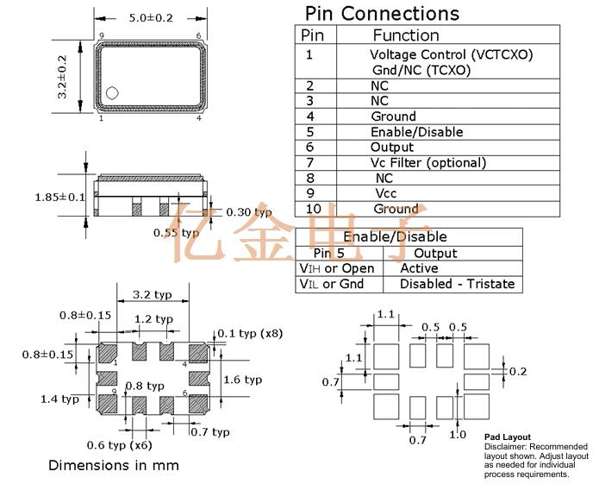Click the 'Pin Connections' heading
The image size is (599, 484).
(x=382, y=14)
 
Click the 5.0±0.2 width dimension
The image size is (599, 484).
(x=151, y=17)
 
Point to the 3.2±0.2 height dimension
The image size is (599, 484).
(x=62, y=77)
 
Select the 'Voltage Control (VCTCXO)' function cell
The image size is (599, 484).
(x=451, y=54)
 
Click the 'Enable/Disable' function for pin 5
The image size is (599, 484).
(x=416, y=132)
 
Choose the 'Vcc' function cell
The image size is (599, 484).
(x=386, y=193)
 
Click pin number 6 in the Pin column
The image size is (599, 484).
(x=309, y=148)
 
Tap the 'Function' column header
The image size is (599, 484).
(x=405, y=35)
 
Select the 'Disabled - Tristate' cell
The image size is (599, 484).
(x=457, y=284)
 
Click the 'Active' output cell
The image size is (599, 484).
(x=419, y=268)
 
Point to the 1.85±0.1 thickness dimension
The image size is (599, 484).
(x=59, y=197)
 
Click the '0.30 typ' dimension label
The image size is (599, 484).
(x=248, y=212)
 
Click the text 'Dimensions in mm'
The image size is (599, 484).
(x=114, y=465)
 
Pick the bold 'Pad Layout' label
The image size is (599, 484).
(x=508, y=437)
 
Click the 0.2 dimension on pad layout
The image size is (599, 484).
(x=517, y=371)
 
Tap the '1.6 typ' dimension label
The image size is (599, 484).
(x=242, y=380)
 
